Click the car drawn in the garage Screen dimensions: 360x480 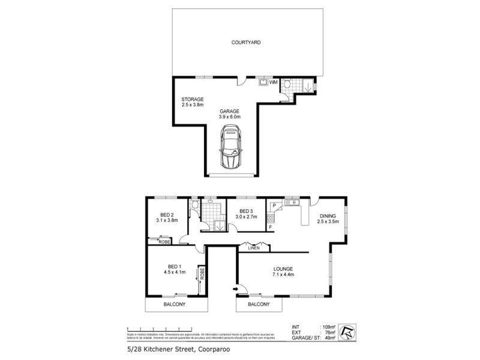(x=230, y=151)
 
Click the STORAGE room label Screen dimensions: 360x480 (x=193, y=99)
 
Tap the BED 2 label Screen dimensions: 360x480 (x=167, y=215)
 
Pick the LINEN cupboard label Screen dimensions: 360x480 (x=253, y=248)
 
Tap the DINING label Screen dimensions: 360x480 (x=328, y=215)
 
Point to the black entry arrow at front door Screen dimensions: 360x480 (x=236, y=290)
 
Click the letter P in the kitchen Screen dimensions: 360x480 (x=274, y=205)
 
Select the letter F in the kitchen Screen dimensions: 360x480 (x=271, y=227)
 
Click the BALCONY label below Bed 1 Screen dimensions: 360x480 (x=175, y=305)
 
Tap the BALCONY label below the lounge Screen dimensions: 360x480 (x=259, y=305)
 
